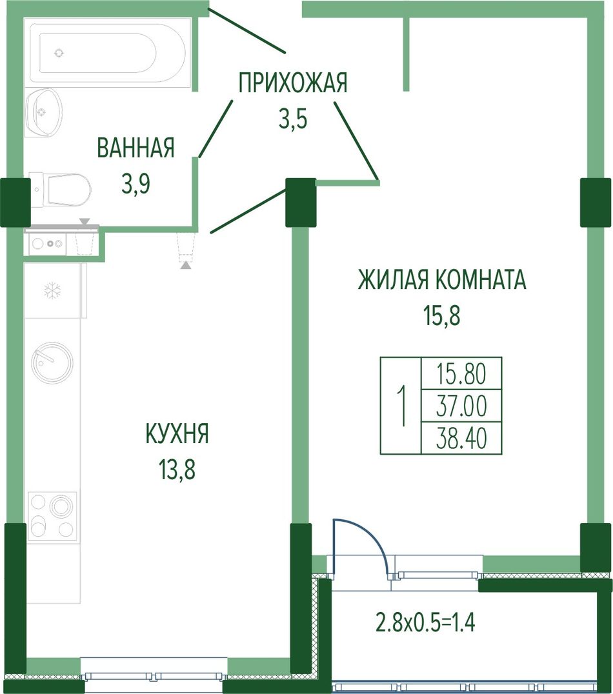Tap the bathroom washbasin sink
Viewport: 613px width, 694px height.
click(x=44, y=112)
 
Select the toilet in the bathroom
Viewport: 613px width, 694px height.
click(x=60, y=190)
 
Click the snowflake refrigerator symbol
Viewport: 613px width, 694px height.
click(x=52, y=291)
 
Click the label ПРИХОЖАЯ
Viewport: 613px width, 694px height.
click(x=293, y=83)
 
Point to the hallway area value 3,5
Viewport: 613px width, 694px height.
click(x=293, y=119)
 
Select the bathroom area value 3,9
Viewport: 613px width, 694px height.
click(x=136, y=184)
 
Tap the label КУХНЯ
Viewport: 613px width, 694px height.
click(x=177, y=433)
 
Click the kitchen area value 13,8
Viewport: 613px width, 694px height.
click(x=177, y=470)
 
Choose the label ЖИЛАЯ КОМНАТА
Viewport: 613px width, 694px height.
click(x=442, y=280)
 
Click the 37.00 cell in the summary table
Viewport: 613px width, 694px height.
click(x=461, y=406)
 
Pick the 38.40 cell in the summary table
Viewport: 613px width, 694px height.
click(x=461, y=438)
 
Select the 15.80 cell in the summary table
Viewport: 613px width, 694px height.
click(x=461, y=373)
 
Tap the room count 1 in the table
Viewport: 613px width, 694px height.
click(x=402, y=406)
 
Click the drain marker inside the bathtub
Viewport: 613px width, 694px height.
click(x=59, y=53)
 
